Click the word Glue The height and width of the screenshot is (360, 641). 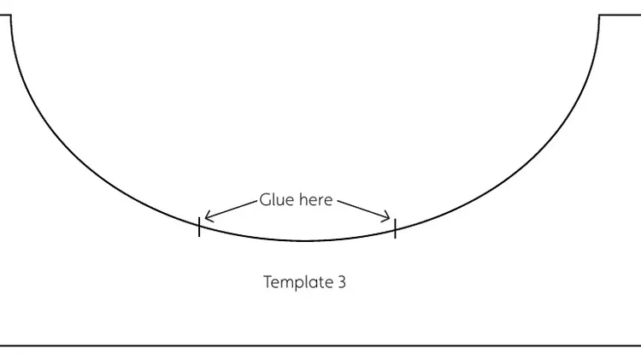coord(277,199)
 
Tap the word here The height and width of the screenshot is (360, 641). coord(316,199)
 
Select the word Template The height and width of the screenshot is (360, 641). coord(298,282)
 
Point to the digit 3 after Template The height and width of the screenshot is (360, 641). coord(342,282)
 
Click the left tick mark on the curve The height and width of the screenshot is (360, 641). coord(199,227)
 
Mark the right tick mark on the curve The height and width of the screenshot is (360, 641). coord(396,228)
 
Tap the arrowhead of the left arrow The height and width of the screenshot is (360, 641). coord(209,216)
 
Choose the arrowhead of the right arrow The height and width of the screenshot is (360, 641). coord(385,216)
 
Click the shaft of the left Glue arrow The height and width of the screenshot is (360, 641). coord(231,210)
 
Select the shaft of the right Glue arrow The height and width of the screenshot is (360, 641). coord(363,210)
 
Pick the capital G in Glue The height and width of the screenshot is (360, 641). coord(264,199)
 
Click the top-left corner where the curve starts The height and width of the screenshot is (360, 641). coord(11,15)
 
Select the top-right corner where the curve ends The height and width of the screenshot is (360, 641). coord(599,15)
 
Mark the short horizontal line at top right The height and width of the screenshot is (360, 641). coord(620,15)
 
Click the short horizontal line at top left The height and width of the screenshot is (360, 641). coord(5,15)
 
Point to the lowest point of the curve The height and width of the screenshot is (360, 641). coord(304,240)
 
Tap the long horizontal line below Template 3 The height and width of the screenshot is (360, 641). coord(320,345)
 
